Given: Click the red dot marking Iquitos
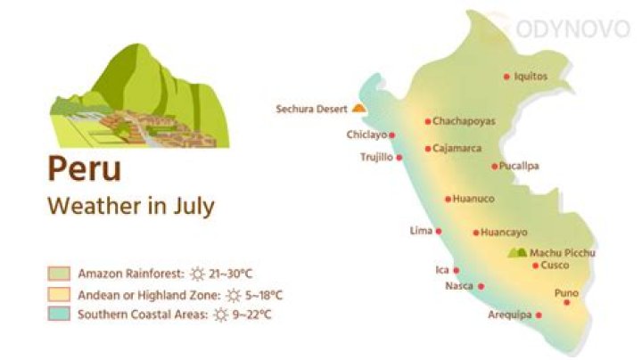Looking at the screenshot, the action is click(x=507, y=77).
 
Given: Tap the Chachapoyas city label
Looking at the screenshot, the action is click(x=464, y=121).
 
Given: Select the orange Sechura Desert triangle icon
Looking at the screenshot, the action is click(x=358, y=108).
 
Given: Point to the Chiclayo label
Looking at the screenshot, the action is click(x=366, y=135).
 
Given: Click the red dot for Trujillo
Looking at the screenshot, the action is click(x=399, y=158).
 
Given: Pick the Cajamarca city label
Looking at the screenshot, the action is click(x=457, y=149).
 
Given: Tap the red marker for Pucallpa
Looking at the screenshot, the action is click(x=495, y=166).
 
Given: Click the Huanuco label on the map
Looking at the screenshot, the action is click(x=473, y=199).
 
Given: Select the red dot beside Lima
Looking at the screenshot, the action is click(x=438, y=231).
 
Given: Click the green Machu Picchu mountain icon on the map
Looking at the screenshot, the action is click(x=517, y=253).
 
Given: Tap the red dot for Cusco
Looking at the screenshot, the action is click(x=535, y=266).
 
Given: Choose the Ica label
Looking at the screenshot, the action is click(x=441, y=269).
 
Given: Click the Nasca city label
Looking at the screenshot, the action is click(x=458, y=286).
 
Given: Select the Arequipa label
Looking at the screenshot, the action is click(x=510, y=315).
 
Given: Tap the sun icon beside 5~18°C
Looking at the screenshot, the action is click(x=234, y=294).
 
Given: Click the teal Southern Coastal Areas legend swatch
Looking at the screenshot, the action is click(x=60, y=315).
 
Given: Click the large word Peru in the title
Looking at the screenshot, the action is click(x=84, y=168).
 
